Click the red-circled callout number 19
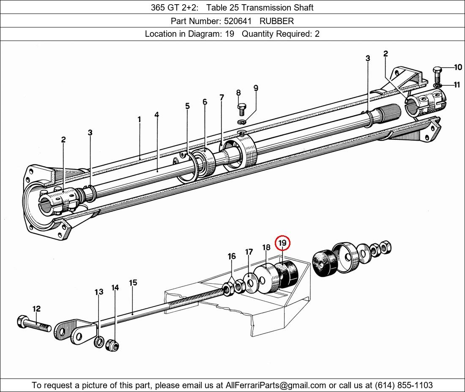point(282,243)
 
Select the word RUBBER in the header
point(276,21)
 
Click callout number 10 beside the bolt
point(458,67)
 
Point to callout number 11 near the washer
point(457,85)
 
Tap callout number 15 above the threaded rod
point(133,283)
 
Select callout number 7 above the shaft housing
point(222,97)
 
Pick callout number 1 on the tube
point(139,120)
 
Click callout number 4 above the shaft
point(156,114)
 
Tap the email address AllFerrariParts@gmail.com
point(276,385)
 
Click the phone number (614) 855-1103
point(404,385)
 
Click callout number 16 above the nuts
point(232,256)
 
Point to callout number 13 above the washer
point(99,292)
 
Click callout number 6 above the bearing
point(205,102)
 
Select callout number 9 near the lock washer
point(256,88)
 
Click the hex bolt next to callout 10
point(438,75)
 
